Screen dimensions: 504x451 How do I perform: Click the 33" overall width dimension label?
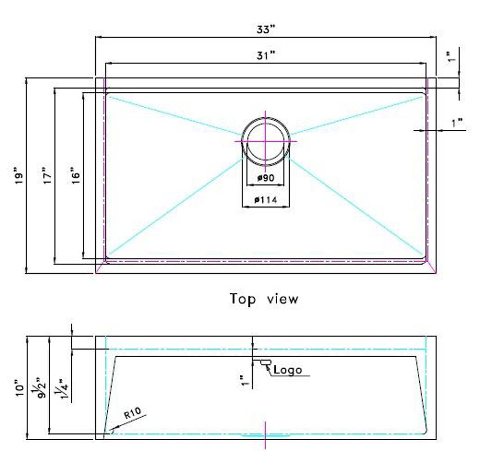(x=266, y=29)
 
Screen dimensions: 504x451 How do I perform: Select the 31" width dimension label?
(x=266, y=55)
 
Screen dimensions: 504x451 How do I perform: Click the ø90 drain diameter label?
(x=266, y=178)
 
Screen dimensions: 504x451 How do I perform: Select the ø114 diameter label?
(x=266, y=200)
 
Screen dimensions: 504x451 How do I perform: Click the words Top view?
(x=264, y=299)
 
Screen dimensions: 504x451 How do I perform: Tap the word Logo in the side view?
(x=288, y=370)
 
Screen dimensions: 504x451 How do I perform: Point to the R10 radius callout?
(x=133, y=413)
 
